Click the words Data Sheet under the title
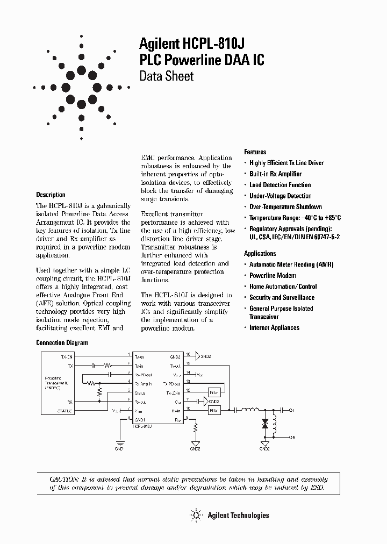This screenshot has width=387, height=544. pos(166,76)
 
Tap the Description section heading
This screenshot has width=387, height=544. pos(51,195)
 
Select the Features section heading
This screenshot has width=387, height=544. pos(255,152)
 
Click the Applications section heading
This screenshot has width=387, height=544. pos(260,253)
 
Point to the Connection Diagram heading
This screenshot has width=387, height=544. pos(61,342)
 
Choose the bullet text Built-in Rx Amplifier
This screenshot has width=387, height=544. pos(275,174)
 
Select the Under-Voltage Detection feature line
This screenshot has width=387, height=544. pos(280,196)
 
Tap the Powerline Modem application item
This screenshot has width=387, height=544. pos(273,275)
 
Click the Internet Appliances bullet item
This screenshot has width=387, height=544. pos(274,327)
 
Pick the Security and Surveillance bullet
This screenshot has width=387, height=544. pos(282,297)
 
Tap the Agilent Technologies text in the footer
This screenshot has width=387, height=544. pos(238,516)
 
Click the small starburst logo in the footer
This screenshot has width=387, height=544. pos(196,515)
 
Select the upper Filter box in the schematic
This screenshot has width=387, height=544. pos(214,392)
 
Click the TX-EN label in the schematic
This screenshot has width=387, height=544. pos(67,356)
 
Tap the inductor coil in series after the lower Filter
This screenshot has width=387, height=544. pos(250,410)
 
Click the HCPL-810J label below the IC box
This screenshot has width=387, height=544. pos(142,425)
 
